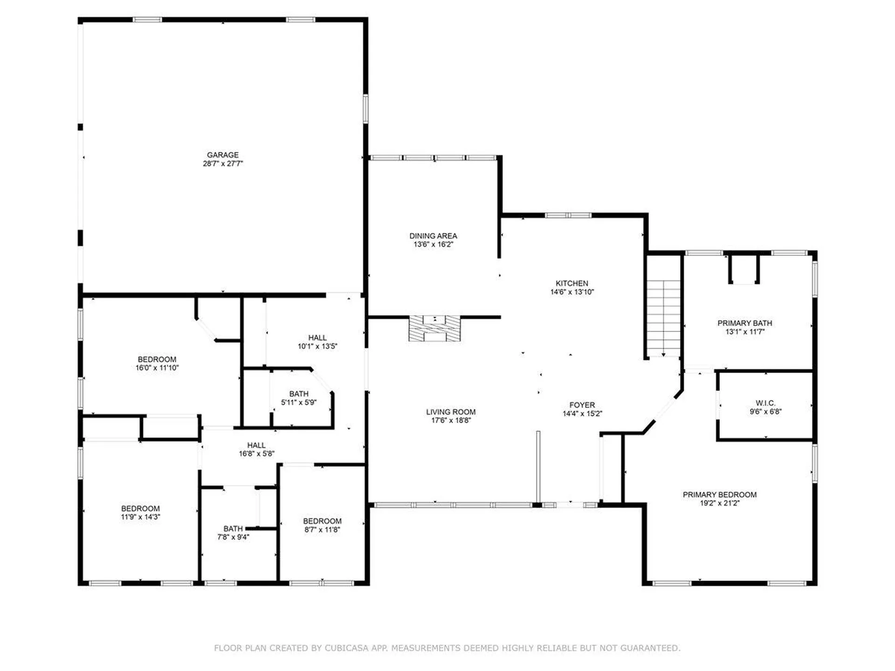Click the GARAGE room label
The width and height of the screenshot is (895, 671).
click(222, 155)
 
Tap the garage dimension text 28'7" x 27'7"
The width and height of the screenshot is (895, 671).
click(222, 164)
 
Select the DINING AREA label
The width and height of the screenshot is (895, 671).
click(433, 236)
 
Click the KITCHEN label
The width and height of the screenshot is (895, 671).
click(571, 283)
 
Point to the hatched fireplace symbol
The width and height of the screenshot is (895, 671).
click(434, 329)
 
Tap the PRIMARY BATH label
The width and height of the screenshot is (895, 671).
click(744, 323)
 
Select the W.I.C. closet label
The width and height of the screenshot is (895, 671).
click(765, 403)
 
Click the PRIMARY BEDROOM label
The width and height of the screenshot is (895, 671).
click(719, 494)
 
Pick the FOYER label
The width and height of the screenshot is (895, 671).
click(582, 405)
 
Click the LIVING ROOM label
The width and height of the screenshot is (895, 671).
click(450, 412)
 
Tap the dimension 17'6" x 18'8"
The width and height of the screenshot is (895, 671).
click(450, 420)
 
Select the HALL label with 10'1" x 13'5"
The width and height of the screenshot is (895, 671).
click(317, 337)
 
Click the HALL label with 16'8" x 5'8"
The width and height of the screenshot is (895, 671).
click(256, 445)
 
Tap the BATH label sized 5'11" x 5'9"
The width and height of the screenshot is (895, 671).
click(298, 394)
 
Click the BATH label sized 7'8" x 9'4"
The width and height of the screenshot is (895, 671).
click(233, 528)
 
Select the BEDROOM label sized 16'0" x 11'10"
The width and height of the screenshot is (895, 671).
click(157, 359)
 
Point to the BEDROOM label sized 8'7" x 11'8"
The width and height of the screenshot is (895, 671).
click(322, 521)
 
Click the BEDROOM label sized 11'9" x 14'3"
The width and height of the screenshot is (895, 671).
click(140, 508)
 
